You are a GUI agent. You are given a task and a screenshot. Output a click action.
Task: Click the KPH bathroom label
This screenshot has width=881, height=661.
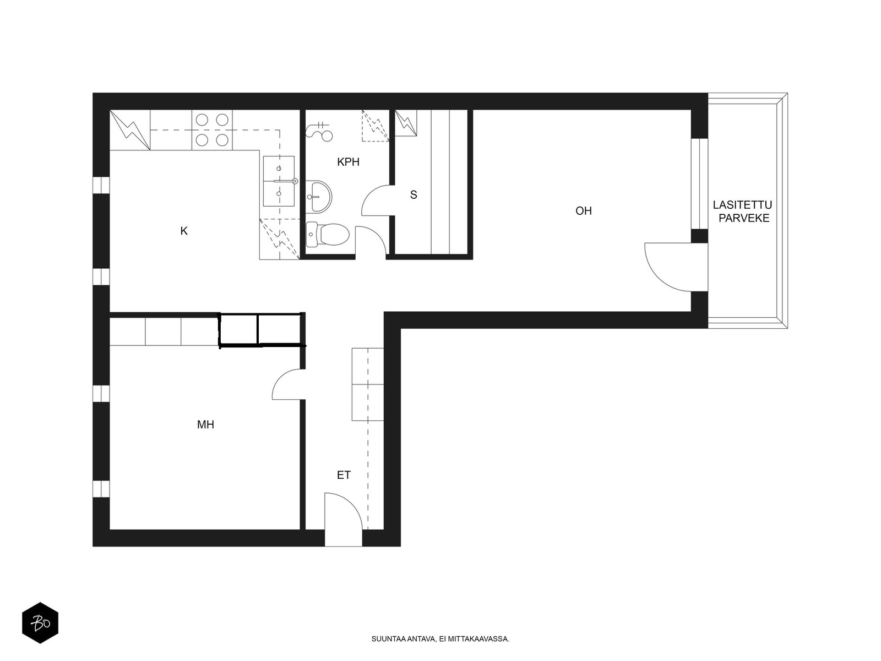pyautogui.click(x=348, y=162)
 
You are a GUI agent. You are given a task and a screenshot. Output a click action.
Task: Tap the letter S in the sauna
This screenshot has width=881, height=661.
pyautogui.click(x=414, y=195)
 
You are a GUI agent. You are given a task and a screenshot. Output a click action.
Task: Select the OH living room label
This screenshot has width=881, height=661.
pyautogui.click(x=583, y=211)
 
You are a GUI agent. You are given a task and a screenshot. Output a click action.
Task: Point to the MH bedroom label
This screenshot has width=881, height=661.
pyautogui.click(x=205, y=425)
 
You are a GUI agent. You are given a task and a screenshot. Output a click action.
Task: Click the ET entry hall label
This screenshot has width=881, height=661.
pyautogui.click(x=344, y=475)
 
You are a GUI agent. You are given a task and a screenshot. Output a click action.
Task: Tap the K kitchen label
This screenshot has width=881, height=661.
pyautogui.click(x=184, y=231)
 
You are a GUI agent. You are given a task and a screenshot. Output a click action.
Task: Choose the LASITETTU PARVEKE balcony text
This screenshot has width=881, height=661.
pyautogui.click(x=743, y=212)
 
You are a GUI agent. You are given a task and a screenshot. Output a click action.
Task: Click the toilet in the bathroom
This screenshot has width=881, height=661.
pyautogui.click(x=327, y=235)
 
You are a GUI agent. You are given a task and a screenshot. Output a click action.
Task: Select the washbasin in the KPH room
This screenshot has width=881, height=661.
pyautogui.click(x=319, y=197)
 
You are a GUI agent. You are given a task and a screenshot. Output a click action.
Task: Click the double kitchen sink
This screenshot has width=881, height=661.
pyautogui.click(x=279, y=181)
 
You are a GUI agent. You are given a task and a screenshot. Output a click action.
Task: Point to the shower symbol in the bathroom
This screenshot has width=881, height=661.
pyautogui.click(x=319, y=131)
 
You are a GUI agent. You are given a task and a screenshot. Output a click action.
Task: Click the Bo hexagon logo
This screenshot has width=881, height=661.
pyautogui.click(x=40, y=623)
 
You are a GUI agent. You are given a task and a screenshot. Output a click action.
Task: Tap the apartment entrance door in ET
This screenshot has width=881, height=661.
pyautogui.click(x=343, y=519)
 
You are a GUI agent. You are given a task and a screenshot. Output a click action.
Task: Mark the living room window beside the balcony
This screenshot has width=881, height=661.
pyautogui.click(x=699, y=184)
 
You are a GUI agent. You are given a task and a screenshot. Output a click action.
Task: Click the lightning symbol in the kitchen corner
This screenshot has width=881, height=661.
pyautogui.click(x=129, y=129)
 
